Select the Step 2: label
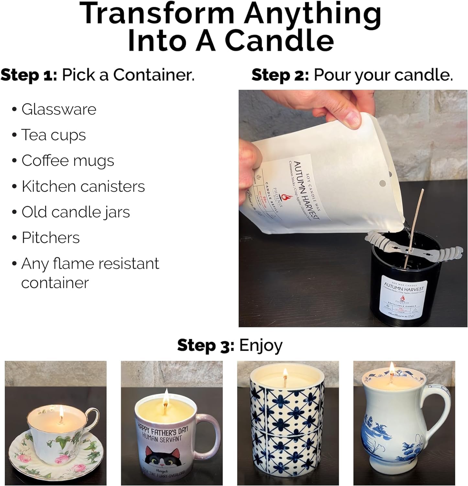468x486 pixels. [280, 75]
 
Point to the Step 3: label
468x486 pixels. [206, 345]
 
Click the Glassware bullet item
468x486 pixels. [59, 109]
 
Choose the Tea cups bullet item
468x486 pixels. [53, 135]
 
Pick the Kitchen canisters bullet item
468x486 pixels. [83, 186]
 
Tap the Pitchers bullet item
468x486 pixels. [50, 238]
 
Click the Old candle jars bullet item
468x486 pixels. [75, 212]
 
